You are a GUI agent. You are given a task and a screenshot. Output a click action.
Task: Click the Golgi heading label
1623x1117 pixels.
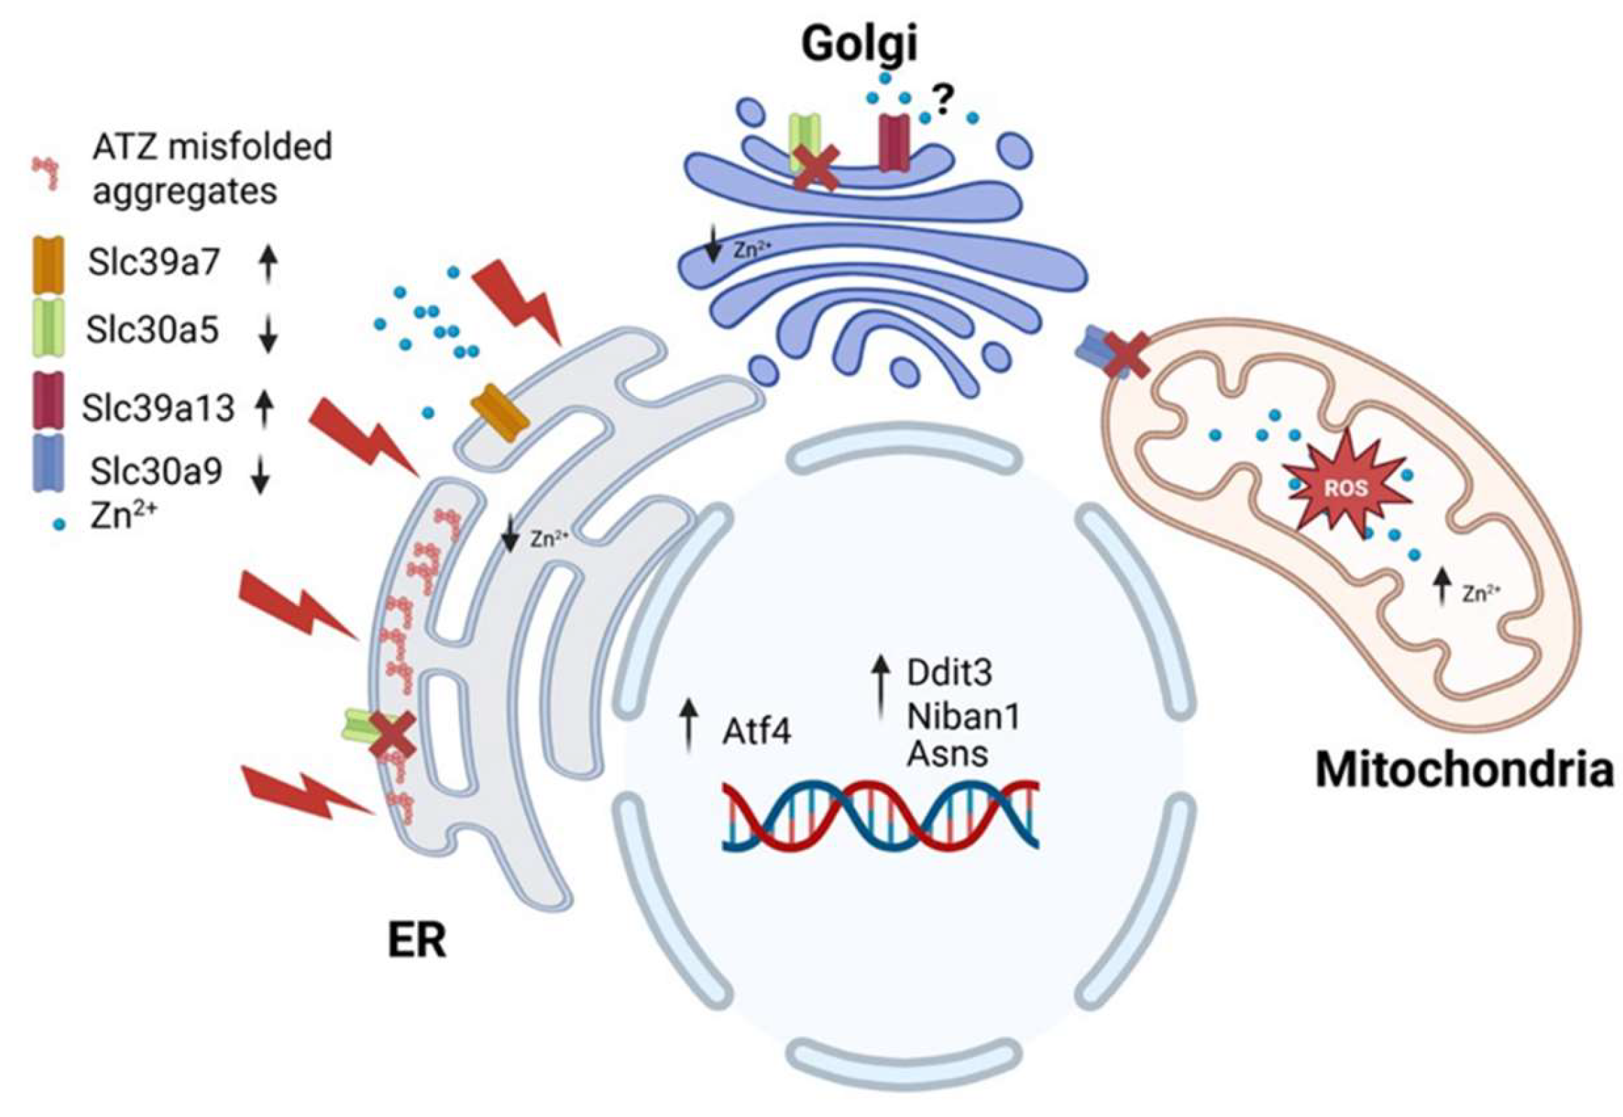pos(859,43)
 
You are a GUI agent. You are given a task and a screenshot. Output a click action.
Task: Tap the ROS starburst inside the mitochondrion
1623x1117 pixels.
pos(1345,488)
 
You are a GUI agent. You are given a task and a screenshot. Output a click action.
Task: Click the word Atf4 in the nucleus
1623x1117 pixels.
pos(757,733)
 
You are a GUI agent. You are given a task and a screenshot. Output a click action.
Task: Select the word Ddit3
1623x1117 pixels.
pos(949,673)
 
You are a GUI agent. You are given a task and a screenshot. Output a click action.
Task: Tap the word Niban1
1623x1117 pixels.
pos(963,715)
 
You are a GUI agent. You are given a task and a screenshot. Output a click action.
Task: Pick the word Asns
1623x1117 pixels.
pos(947,754)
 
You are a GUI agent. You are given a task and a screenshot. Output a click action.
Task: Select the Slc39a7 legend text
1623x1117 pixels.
pos(154,263)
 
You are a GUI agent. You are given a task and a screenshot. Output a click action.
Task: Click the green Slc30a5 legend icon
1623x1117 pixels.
pos(48,328)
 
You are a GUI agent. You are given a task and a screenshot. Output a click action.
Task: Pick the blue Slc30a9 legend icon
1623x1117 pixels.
pos(48,462)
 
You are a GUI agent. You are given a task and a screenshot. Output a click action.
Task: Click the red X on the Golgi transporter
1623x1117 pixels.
pos(816,168)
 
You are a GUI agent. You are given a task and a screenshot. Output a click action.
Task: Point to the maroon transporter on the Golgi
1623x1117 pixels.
pos(893,144)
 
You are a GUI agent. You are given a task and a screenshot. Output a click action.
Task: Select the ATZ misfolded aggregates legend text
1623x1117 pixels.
pos(212,169)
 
